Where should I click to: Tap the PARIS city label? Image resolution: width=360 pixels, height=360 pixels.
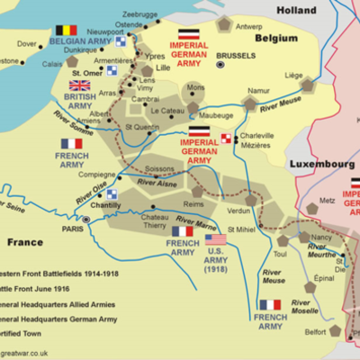72,228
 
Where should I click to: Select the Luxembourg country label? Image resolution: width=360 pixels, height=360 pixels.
320,165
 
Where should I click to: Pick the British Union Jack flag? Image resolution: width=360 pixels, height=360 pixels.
79,85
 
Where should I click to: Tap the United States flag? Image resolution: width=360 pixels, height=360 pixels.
218,238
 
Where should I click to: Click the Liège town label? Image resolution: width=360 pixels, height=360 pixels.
319,76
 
